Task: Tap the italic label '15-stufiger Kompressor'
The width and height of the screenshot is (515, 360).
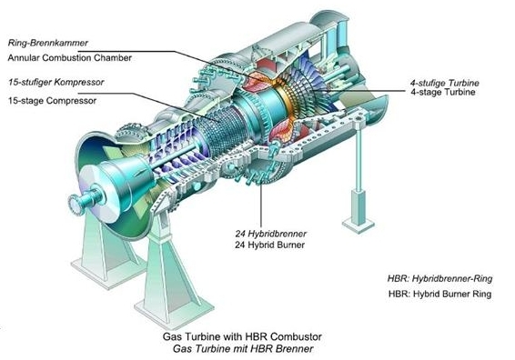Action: click(53, 84)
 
